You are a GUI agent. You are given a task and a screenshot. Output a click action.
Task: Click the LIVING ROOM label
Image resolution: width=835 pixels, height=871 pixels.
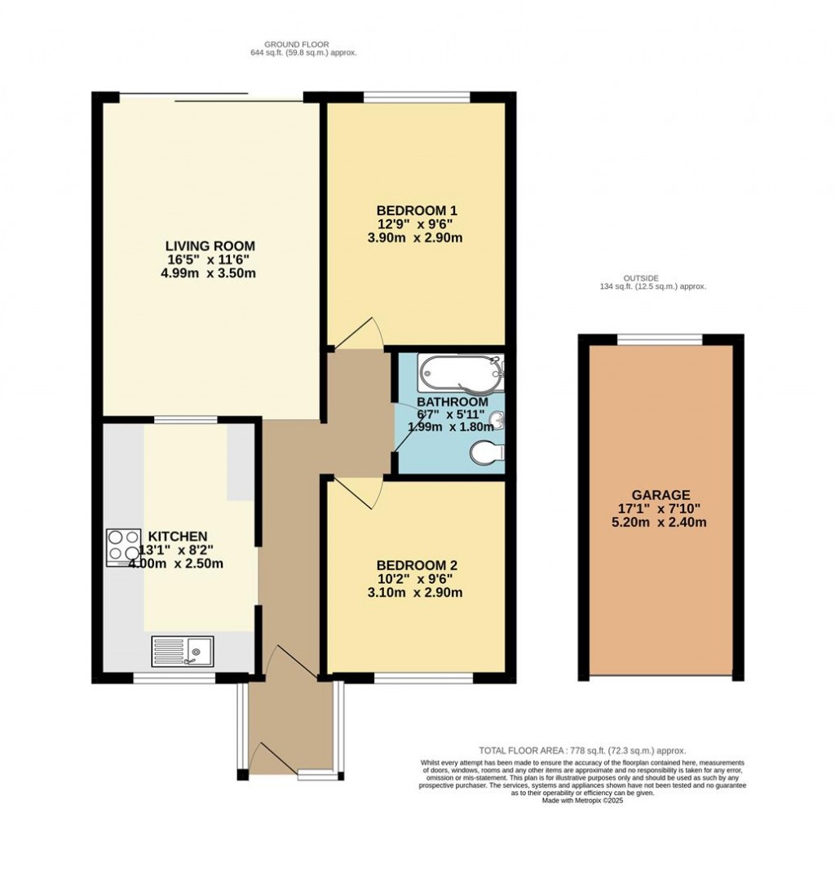click(x=210, y=245)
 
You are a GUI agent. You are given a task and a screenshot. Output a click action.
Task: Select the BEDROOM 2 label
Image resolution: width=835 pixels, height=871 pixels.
click(x=416, y=565)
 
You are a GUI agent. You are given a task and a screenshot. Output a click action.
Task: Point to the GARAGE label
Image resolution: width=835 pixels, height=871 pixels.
click(x=660, y=494)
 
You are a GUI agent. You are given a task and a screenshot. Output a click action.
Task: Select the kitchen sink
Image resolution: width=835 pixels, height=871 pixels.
click(x=182, y=651)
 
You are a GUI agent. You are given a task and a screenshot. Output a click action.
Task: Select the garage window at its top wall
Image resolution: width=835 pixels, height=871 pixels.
click(x=660, y=338)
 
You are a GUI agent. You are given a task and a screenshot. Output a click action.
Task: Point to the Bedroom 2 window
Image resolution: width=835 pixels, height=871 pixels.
click(x=423, y=678)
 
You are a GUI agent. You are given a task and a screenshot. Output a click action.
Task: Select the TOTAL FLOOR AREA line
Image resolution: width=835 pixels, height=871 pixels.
click(x=582, y=750)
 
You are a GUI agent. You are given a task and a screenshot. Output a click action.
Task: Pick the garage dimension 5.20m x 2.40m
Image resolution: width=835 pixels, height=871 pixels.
click(x=660, y=523)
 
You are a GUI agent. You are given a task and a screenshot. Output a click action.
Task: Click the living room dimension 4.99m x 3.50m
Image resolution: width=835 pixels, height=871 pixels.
click(x=210, y=273)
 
